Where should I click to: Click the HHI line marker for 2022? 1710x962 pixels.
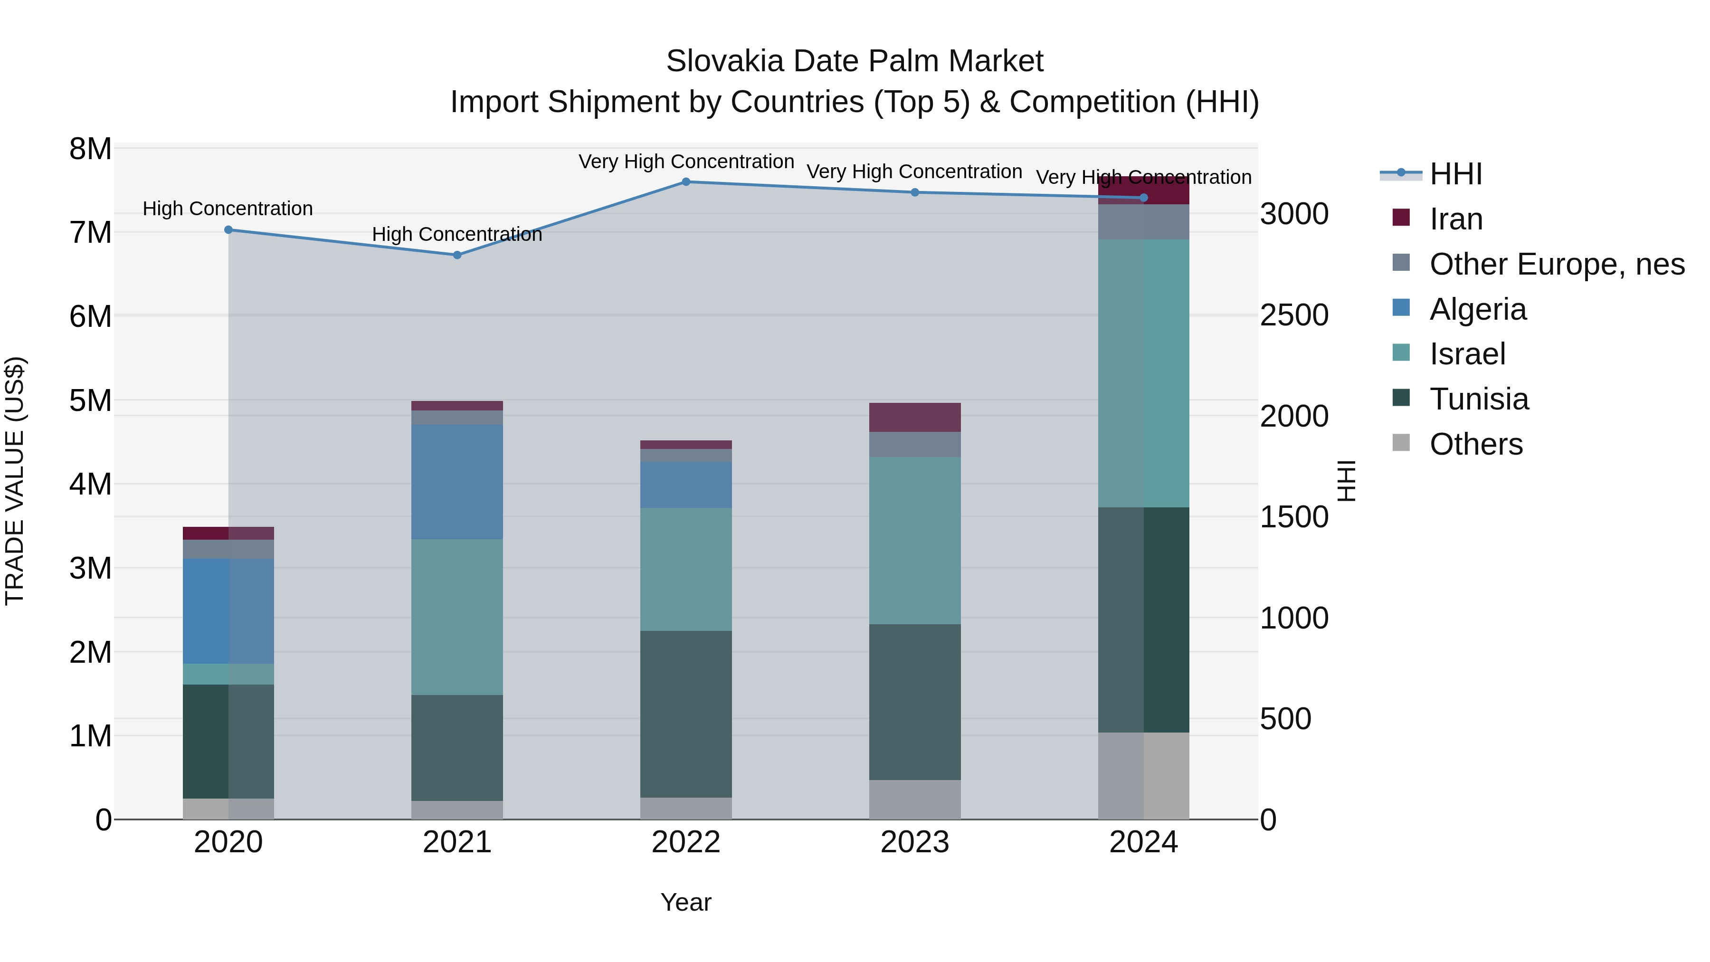tap(686, 182)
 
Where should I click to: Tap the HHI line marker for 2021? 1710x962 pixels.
tap(456, 255)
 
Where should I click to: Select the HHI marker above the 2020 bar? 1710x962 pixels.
tap(228, 230)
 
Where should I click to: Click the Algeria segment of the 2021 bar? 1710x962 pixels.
tap(456, 482)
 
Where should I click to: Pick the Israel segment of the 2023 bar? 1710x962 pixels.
tap(915, 541)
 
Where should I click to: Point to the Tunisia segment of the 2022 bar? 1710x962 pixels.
tap(686, 714)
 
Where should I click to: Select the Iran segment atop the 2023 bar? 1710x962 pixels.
tap(915, 418)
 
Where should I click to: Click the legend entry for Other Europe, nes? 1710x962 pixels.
tap(1556, 264)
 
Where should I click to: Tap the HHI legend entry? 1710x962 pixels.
tap(1455, 174)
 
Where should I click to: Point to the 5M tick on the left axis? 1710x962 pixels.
tap(91, 400)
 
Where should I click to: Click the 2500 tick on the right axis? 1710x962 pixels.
tap(1294, 315)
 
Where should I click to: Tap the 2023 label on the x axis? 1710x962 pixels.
tap(915, 842)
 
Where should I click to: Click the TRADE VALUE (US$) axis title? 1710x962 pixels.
tap(15, 481)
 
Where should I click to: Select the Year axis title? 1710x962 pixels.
tap(686, 902)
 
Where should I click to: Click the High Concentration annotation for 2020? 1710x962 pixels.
tap(228, 209)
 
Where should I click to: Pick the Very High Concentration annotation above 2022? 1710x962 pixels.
tap(686, 162)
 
